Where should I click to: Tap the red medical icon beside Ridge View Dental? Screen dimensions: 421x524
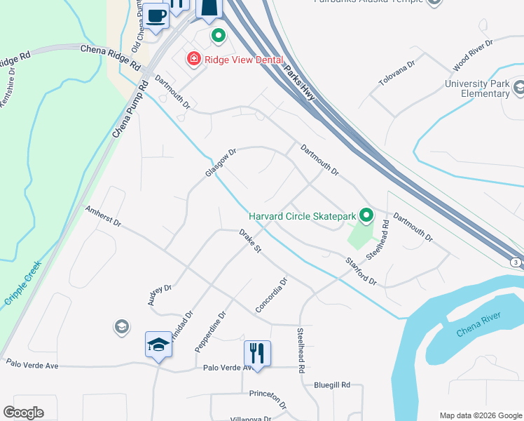(192, 60)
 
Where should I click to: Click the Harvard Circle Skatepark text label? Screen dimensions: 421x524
(302, 216)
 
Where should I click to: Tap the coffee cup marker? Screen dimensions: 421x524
(157, 15)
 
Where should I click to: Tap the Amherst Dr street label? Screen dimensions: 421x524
(104, 216)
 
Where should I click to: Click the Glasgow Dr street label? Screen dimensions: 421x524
(221, 162)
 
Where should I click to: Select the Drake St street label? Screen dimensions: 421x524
(250, 240)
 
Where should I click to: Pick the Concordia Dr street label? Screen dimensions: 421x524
(272, 295)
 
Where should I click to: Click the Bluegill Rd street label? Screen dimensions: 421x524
(331, 385)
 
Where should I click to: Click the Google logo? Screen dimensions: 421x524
(23, 413)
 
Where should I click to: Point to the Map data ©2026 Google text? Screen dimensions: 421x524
(480, 415)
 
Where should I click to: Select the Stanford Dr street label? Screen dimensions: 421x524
(360, 272)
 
